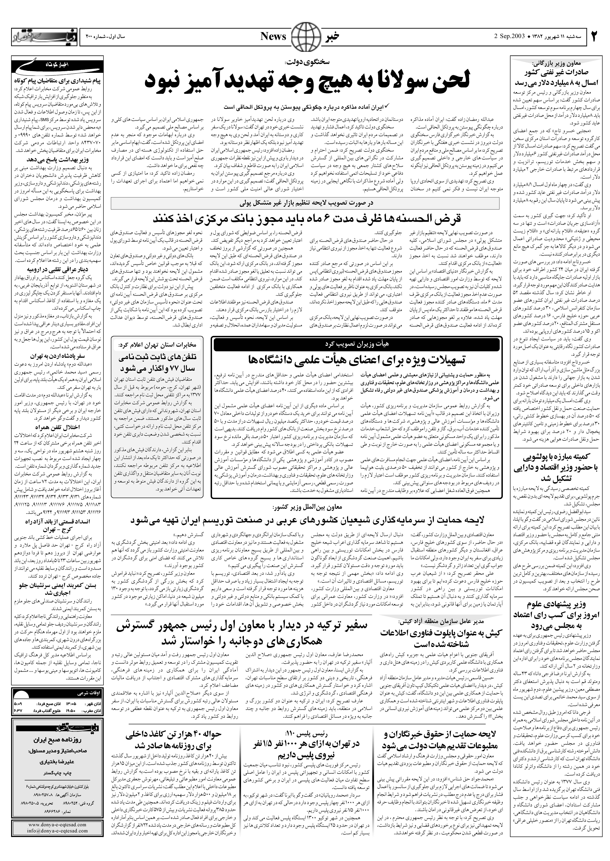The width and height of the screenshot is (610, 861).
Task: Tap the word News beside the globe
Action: point(273,36)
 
